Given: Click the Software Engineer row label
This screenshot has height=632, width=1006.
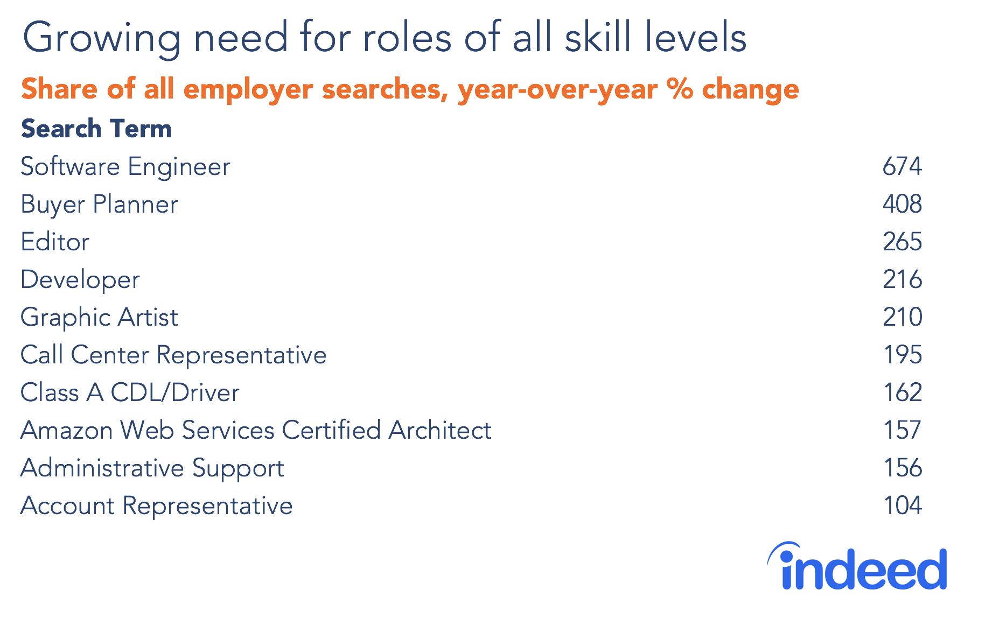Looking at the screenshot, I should [125, 166].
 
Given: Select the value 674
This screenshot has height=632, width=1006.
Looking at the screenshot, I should [902, 166].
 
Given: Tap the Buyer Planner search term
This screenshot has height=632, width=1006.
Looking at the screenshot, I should [99, 205].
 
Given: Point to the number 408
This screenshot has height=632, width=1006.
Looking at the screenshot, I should [902, 204].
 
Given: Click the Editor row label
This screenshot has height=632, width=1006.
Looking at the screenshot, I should [55, 242].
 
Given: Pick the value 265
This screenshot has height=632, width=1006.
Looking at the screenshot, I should [902, 242].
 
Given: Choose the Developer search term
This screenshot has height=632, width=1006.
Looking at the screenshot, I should [80, 280].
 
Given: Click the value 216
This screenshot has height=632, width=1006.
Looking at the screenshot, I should [902, 279].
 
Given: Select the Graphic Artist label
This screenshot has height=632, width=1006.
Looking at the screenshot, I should [99, 318].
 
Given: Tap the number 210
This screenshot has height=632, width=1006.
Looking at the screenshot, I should [902, 317].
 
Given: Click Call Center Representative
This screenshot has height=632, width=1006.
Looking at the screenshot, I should [173, 355].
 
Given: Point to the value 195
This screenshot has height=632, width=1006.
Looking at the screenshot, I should [902, 355].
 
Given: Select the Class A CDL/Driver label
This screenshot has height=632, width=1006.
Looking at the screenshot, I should [130, 392].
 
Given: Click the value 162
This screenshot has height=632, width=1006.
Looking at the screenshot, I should [902, 392].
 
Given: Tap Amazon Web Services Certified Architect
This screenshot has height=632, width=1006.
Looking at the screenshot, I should [256, 430].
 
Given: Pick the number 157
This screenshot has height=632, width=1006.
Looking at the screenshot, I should [902, 430].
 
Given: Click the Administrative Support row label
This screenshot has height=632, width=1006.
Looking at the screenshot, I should [152, 468].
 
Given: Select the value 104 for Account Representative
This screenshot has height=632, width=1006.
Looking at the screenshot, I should [902, 505].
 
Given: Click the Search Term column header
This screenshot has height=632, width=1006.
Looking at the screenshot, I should [96, 129].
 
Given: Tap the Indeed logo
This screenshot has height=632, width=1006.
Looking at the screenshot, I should [857, 567].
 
